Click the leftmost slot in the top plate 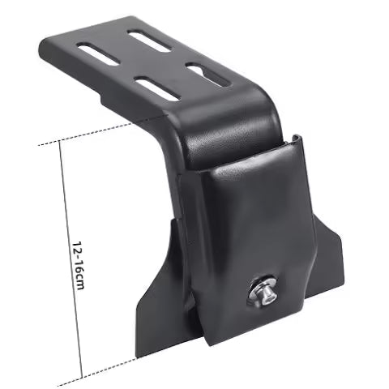(98, 53)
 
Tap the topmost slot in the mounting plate (149, 41)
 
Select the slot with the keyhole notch (208, 75)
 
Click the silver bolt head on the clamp (267, 293)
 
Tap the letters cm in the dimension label (79, 281)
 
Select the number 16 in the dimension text (78, 264)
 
